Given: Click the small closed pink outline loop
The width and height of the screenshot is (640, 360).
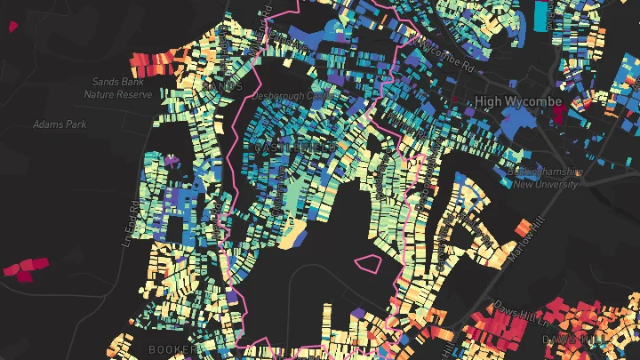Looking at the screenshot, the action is click(x=367, y=263).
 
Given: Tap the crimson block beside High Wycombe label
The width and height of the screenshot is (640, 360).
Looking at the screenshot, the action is click(x=558, y=113).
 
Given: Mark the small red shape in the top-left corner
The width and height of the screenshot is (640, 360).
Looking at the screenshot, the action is click(x=12, y=26).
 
